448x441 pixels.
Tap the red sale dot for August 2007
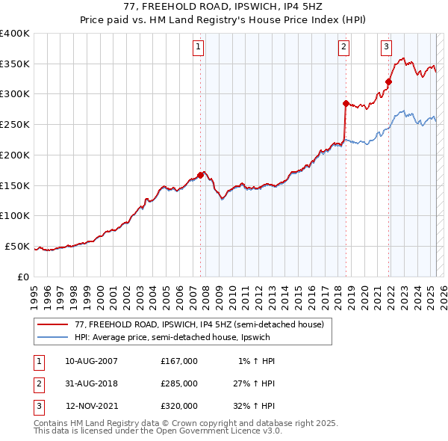[x=201, y=175]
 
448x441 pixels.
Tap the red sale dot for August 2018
[x=346, y=103]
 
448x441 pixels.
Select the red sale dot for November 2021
[x=389, y=82]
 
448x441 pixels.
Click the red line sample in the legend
[x=53, y=325]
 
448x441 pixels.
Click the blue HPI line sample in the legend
[x=53, y=337]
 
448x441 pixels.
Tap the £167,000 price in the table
[x=179, y=361]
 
